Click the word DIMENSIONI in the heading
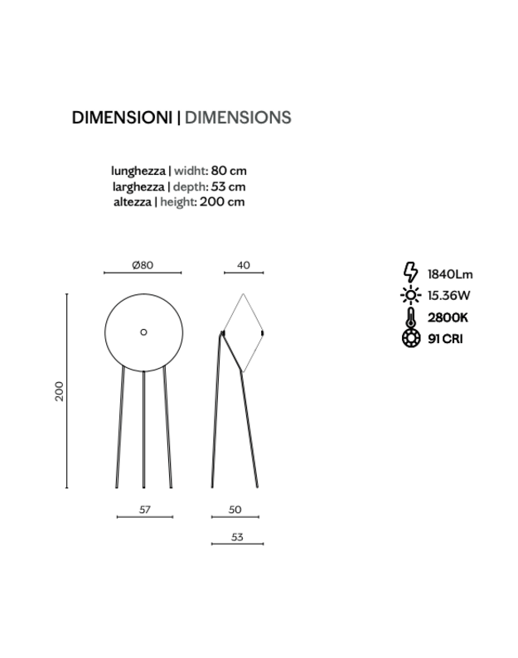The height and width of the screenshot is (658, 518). coord(122,118)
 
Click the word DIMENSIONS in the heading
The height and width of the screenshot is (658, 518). coord(237,118)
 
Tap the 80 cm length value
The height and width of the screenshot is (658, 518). coord(228,171)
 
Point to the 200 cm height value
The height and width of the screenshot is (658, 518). coord(224,201)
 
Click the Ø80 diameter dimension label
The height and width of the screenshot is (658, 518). coord(143,265)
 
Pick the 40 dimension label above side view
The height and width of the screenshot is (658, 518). coord(243,265)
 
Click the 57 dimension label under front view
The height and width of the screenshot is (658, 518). coord(144,510)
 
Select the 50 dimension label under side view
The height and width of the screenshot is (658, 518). coord(235,510)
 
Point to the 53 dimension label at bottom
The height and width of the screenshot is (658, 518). coord(237,537)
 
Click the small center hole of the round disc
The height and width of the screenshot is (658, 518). coord(143,331)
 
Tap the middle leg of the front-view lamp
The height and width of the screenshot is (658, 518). coord(144,431)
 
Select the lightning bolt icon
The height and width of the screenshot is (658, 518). coord(409,273)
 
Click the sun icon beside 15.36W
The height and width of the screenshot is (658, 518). coord(409,294)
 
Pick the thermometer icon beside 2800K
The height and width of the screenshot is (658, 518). coord(409,317)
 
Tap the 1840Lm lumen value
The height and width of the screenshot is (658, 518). coord(450,274)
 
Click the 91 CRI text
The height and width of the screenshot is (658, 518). coord(445,339)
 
